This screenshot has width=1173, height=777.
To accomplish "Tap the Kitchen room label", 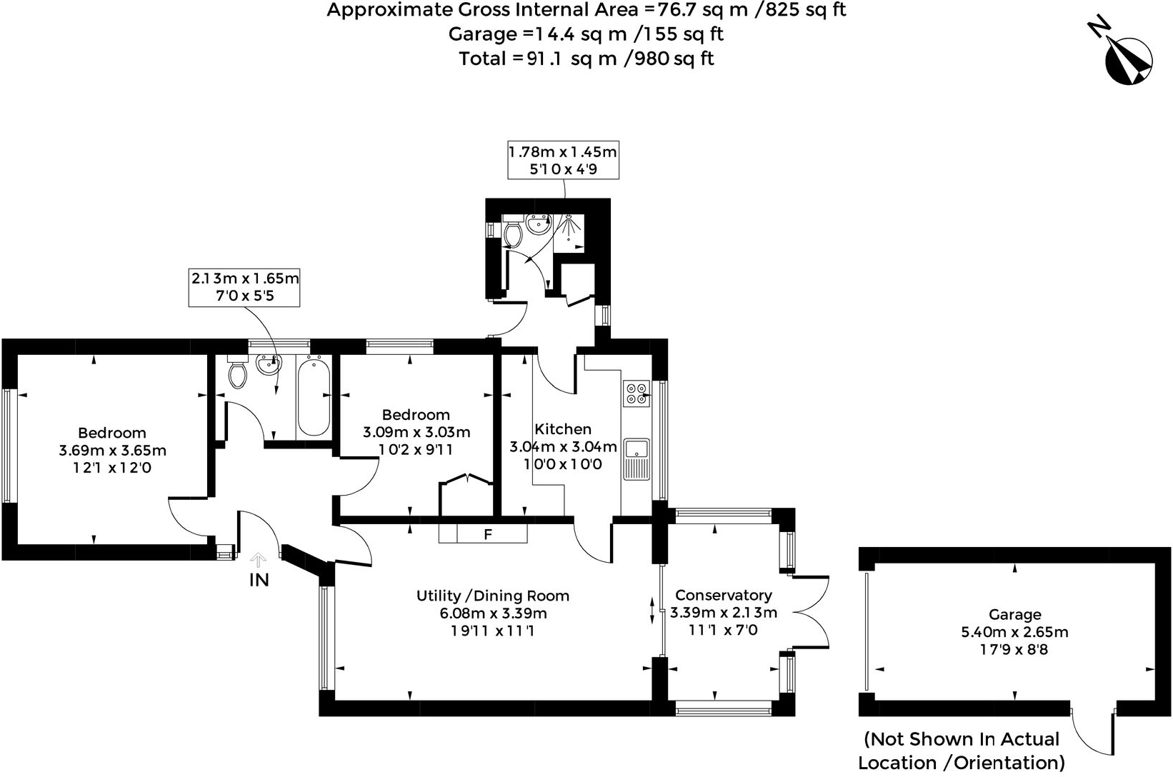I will coord(563,429).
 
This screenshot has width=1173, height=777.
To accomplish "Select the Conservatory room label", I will coord(723,595).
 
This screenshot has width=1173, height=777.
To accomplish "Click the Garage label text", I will coord(1014,614).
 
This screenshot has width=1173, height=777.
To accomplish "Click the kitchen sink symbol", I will coord(636,457).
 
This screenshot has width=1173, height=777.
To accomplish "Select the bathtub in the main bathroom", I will coord(314,397).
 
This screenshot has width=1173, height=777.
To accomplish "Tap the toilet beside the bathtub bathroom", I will coord(237,373).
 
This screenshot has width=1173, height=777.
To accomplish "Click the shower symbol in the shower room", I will coord(570,228).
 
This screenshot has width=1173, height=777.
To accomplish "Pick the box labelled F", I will coord(488,534).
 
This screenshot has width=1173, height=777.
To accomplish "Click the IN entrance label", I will coord(259,580).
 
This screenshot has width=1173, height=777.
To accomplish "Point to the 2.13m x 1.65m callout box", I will coord(244,286).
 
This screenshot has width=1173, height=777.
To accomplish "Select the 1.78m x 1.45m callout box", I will coord(562,160).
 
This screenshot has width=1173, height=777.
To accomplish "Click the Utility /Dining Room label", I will coord(493,596).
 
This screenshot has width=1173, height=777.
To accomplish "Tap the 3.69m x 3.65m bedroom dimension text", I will coord(113,451).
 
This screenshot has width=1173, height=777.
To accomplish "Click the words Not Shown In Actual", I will coord(961,739).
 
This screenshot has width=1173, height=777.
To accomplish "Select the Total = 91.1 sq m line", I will coord(586,59).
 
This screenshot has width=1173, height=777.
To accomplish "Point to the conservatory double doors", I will coord(811,611).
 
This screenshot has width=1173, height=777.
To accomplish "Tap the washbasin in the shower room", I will coord(536,225).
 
